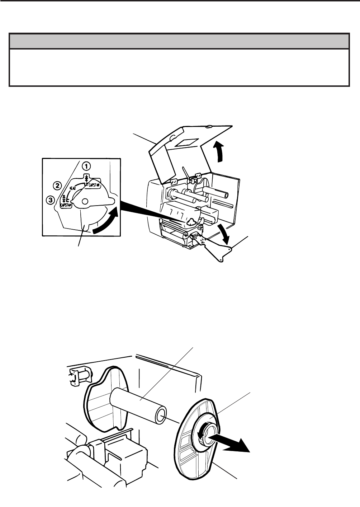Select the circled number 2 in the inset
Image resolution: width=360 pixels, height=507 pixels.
[57, 186]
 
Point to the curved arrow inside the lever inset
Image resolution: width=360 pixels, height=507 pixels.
[104, 222]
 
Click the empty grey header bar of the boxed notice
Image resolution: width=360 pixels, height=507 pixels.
[179, 41]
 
